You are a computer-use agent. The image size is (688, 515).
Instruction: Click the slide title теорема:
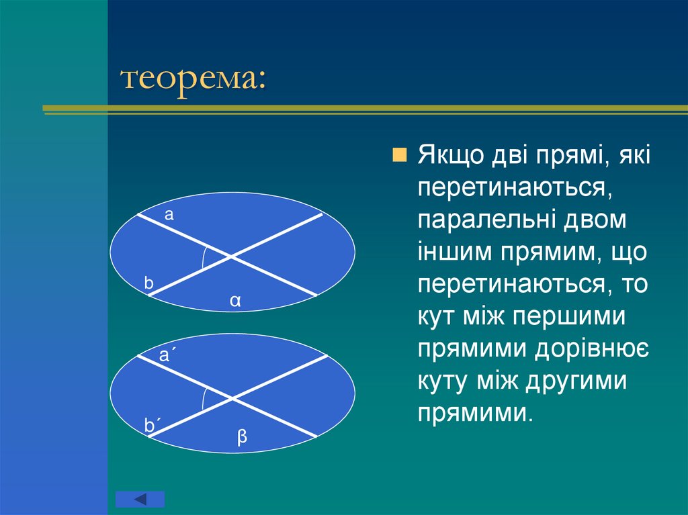point(193,80)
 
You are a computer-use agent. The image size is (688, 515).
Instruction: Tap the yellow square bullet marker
point(399,155)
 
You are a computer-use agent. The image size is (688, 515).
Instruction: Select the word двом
point(595,220)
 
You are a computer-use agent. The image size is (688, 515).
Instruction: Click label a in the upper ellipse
point(169,215)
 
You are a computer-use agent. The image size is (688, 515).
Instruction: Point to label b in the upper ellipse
point(148,283)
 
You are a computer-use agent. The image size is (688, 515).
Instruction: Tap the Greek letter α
point(235,301)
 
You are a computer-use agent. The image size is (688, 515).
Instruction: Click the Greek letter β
point(242,437)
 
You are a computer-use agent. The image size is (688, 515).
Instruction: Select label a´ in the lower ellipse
point(165,355)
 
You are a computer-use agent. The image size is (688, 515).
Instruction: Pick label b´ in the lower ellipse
point(151,425)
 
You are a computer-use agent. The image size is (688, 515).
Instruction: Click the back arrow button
point(140,499)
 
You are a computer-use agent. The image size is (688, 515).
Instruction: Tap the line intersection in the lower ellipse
point(232,398)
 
